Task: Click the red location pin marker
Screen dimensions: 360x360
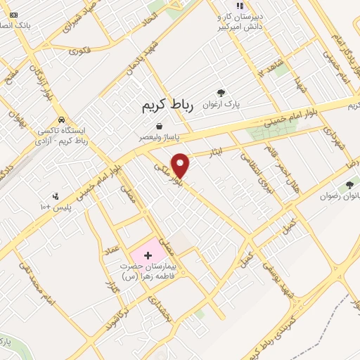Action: pyautogui.click(x=181, y=165)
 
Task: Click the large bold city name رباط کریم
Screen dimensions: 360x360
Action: pyautogui.click(x=162, y=105)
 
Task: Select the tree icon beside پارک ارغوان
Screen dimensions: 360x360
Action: pyautogui.click(x=221, y=93)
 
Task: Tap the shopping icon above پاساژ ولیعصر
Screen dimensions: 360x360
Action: pyautogui.click(x=160, y=126)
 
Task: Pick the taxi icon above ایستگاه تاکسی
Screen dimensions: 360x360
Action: pyautogui.click(x=63, y=120)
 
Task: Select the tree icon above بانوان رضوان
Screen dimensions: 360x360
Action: pyautogui.click(x=349, y=184)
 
